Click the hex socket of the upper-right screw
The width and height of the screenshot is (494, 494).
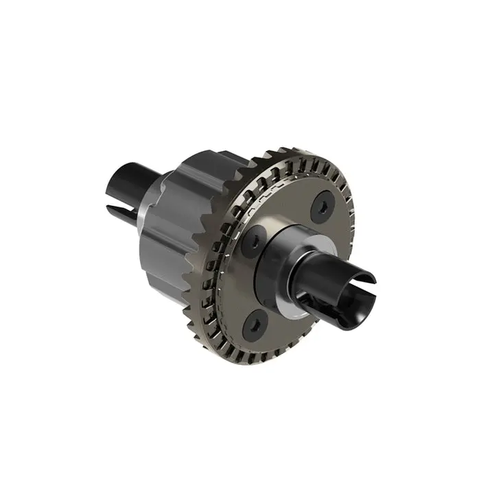click(x=322, y=208)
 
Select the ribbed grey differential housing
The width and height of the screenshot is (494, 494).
click(x=182, y=220)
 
